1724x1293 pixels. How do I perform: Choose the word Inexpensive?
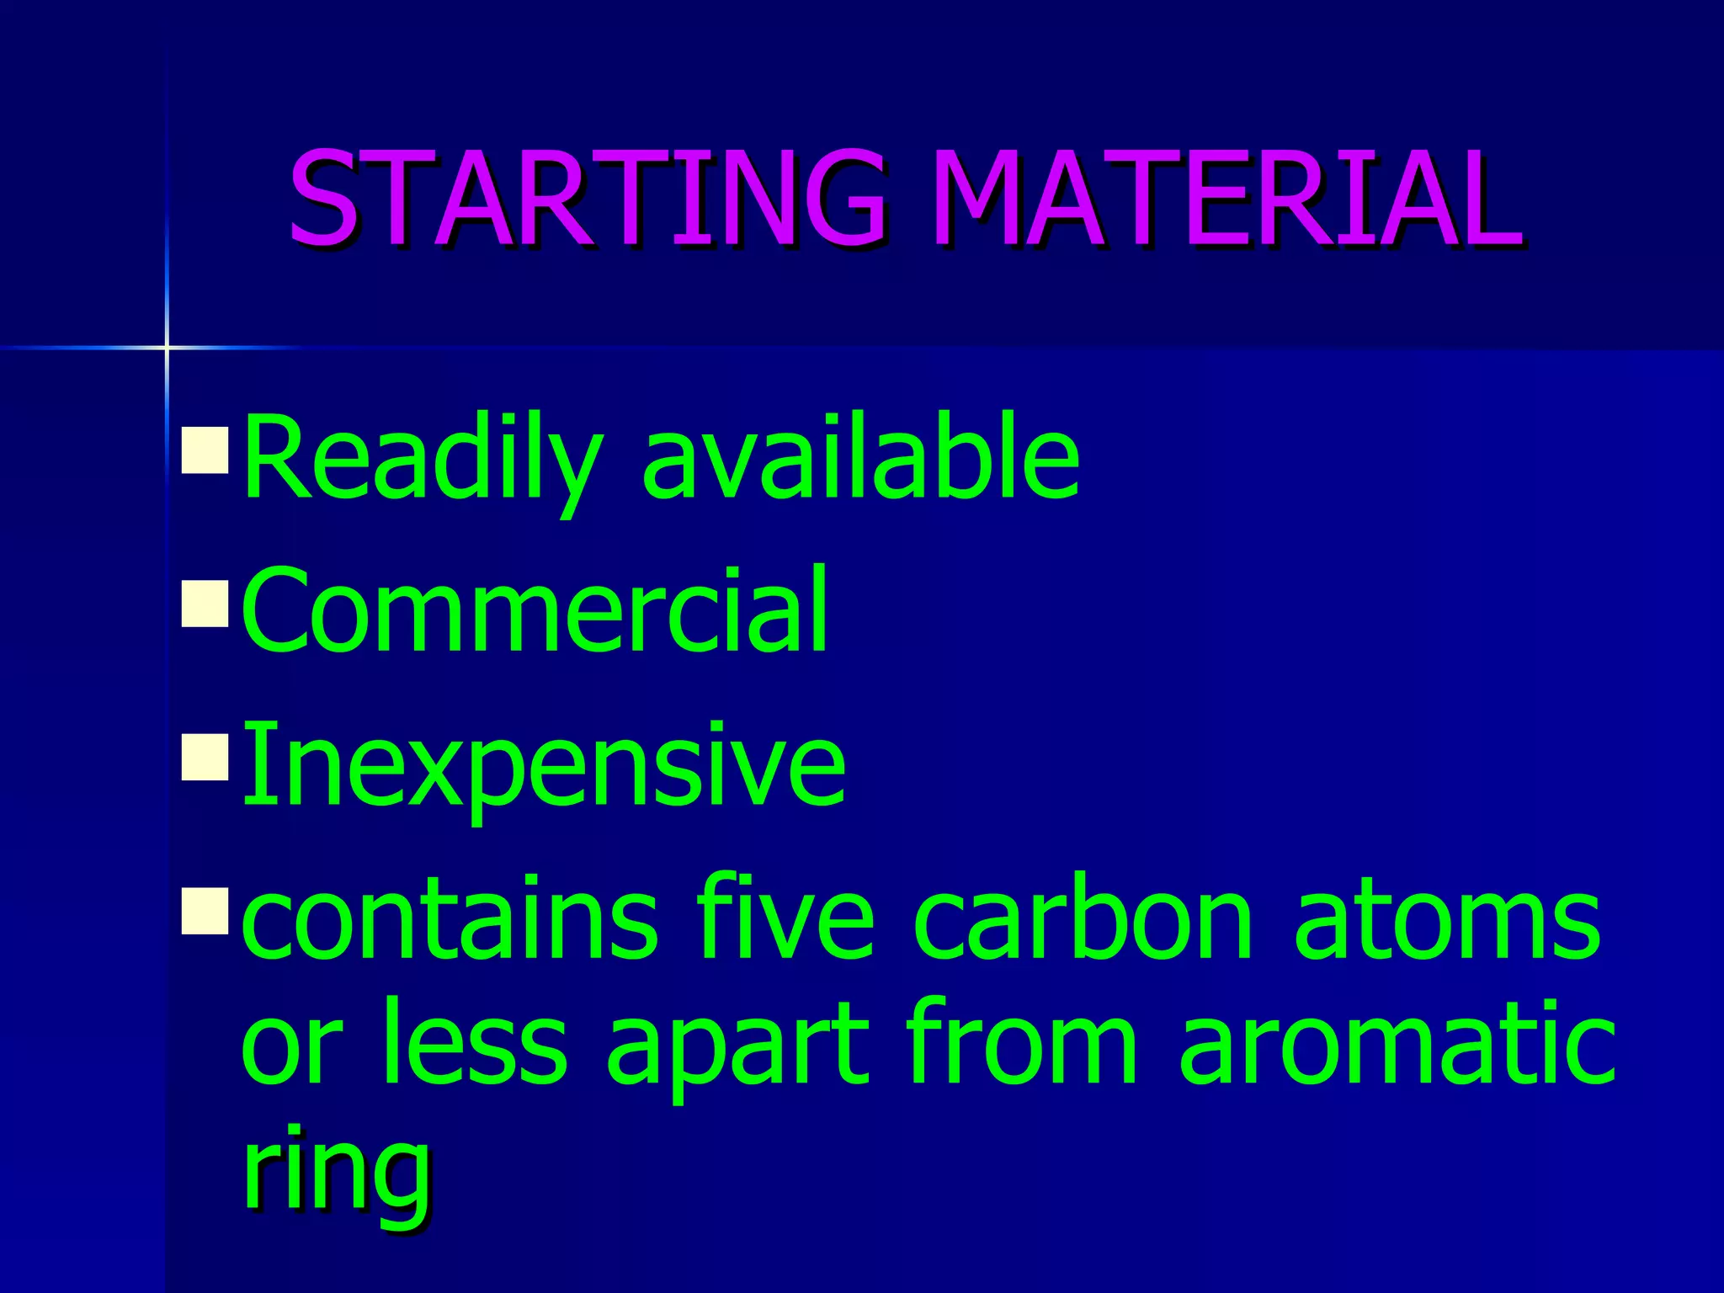[544, 766]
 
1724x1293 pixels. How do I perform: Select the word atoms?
[1447, 919]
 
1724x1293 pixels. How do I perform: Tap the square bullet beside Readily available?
[205, 450]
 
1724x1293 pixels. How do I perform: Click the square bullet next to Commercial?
[205, 604]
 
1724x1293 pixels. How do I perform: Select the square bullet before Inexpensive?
[205, 758]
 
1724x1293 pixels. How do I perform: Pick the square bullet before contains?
[205, 912]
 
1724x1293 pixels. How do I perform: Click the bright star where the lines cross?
[167, 347]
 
